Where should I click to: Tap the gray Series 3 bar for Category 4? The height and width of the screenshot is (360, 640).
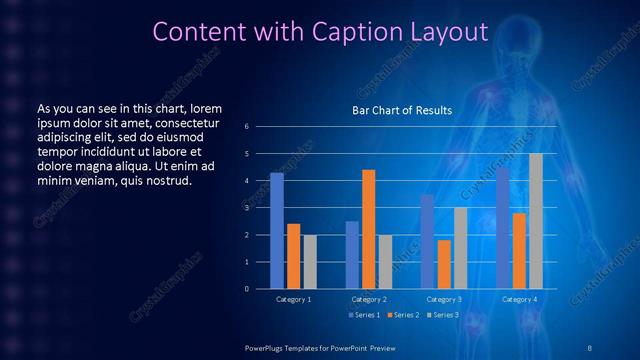pos(536,221)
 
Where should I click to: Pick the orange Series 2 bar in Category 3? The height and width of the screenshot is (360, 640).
pos(444,264)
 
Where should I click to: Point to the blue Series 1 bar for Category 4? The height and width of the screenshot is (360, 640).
pos(503,228)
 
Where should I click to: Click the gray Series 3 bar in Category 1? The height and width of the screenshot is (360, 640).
pos(310,261)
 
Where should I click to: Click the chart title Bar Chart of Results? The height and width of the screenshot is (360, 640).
pos(402,110)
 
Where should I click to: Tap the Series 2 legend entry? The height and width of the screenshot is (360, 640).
pos(403,316)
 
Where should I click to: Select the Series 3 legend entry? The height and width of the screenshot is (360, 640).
pos(444,316)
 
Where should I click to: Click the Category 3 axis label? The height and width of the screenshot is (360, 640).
pos(444,299)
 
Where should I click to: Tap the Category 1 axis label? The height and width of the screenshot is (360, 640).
pos(293,299)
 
